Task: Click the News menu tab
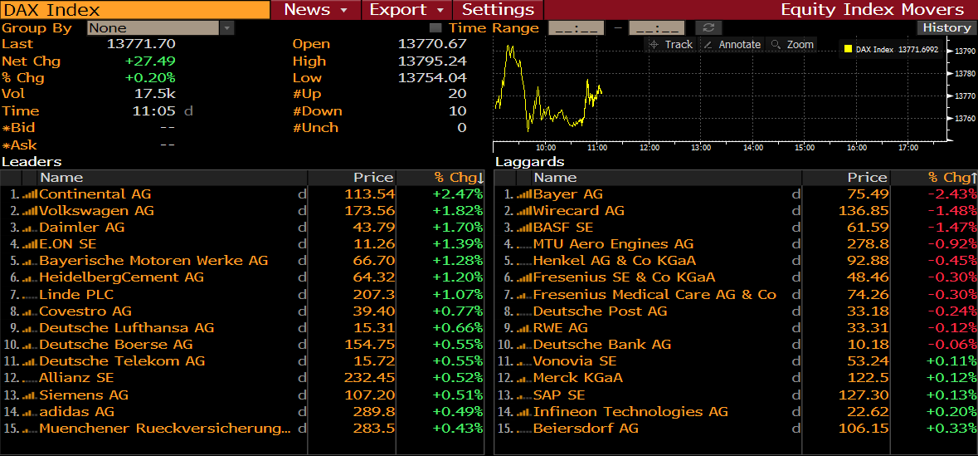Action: pyautogui.click(x=315, y=10)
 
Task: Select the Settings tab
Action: pyautogui.click(x=498, y=10)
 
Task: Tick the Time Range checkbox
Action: pyautogui.click(x=435, y=28)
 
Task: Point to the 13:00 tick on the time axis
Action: pyautogui.click(x=701, y=148)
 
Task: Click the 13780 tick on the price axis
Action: pyautogui.click(x=965, y=74)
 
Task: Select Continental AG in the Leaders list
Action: pyautogui.click(x=95, y=194)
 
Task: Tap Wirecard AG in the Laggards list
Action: pyautogui.click(x=578, y=211)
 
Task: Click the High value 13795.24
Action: pyautogui.click(x=432, y=61)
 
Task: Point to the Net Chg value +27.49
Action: pyautogui.click(x=150, y=61)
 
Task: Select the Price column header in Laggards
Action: pyautogui.click(x=867, y=178)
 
